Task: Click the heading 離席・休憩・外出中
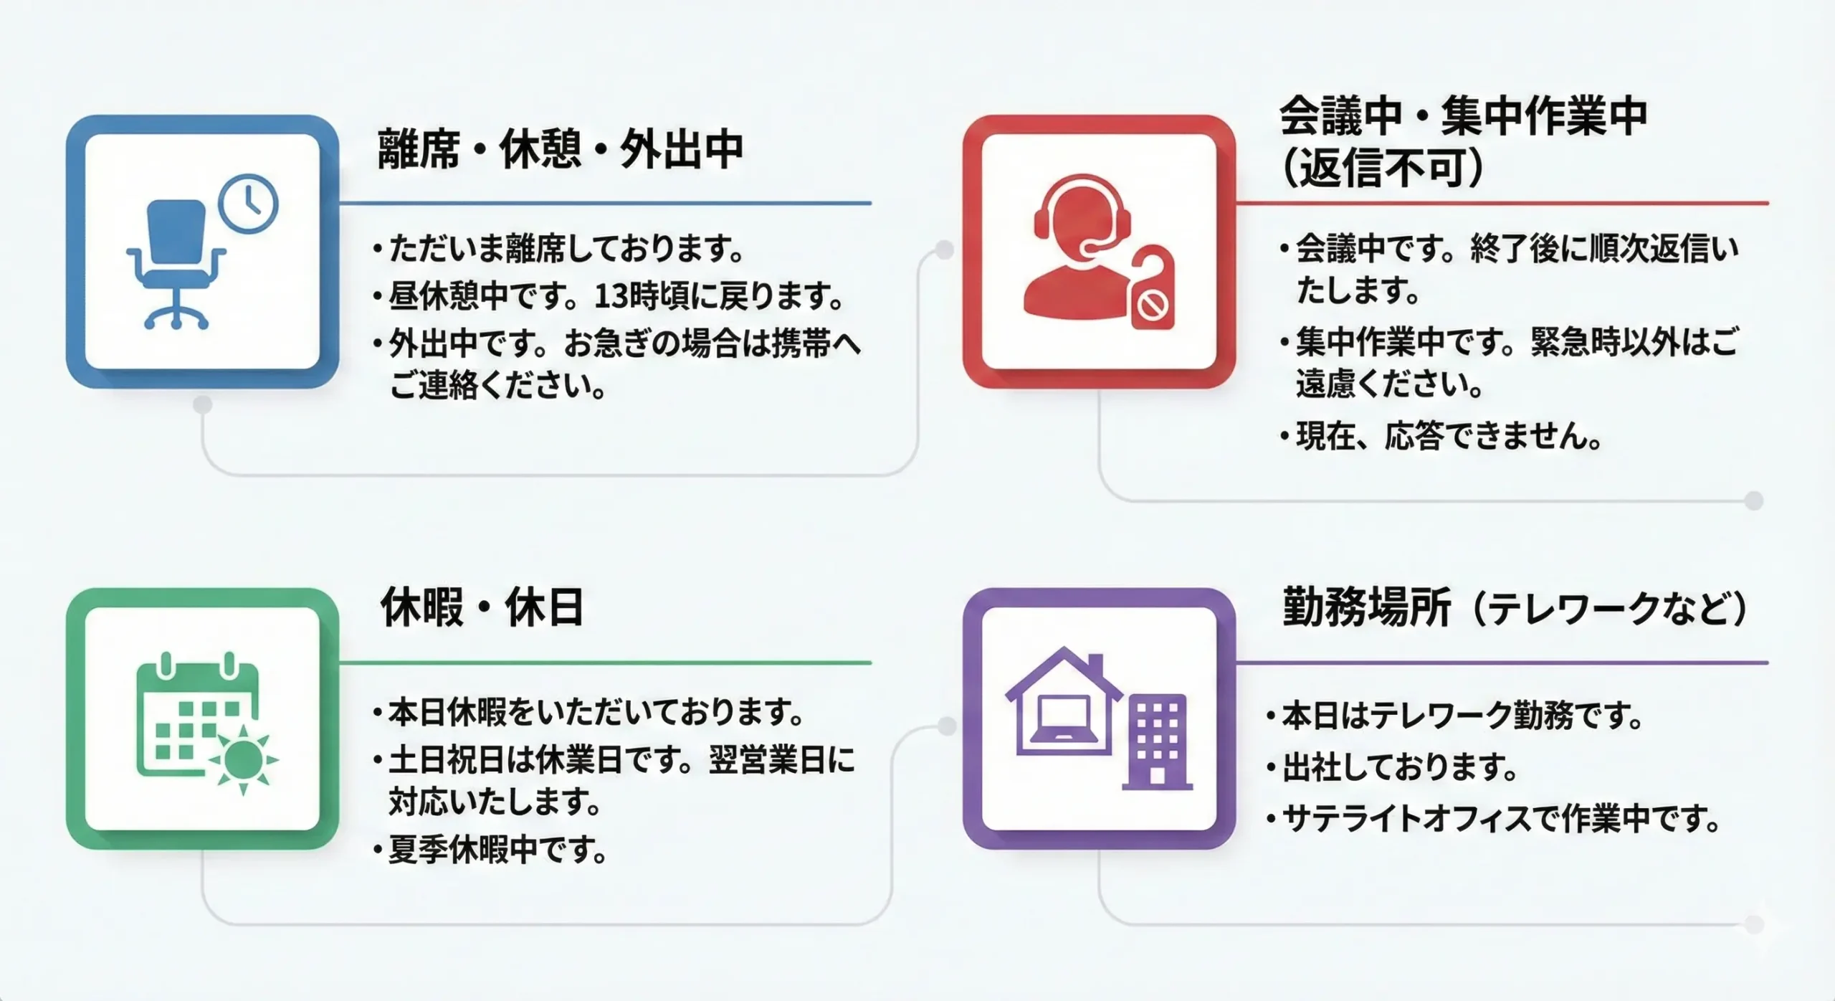coord(560,149)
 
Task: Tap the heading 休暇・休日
coord(482,607)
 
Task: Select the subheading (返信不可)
coord(1382,169)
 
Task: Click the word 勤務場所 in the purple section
coord(1366,607)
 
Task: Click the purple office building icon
coord(1157,741)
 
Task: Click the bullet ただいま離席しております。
coord(558,249)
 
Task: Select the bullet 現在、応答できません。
coord(1441,436)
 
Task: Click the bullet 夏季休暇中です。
coord(490,850)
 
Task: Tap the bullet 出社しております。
coord(1392,767)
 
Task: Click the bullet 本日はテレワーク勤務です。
coord(1454,716)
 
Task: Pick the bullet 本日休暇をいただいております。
coord(588,712)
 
